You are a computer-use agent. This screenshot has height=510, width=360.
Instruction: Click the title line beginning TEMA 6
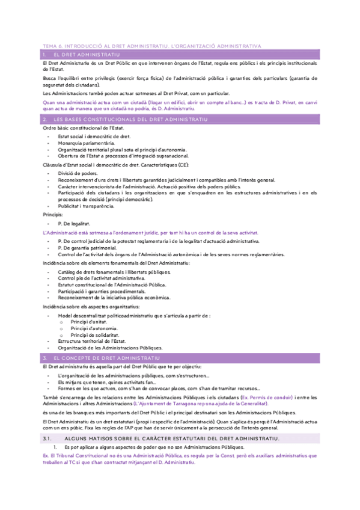[151, 45]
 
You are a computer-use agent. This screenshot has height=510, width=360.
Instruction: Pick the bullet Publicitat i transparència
[86, 206]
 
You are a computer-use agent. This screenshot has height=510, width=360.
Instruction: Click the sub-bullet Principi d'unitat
[89, 322]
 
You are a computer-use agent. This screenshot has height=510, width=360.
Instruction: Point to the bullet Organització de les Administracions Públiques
[110, 348]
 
